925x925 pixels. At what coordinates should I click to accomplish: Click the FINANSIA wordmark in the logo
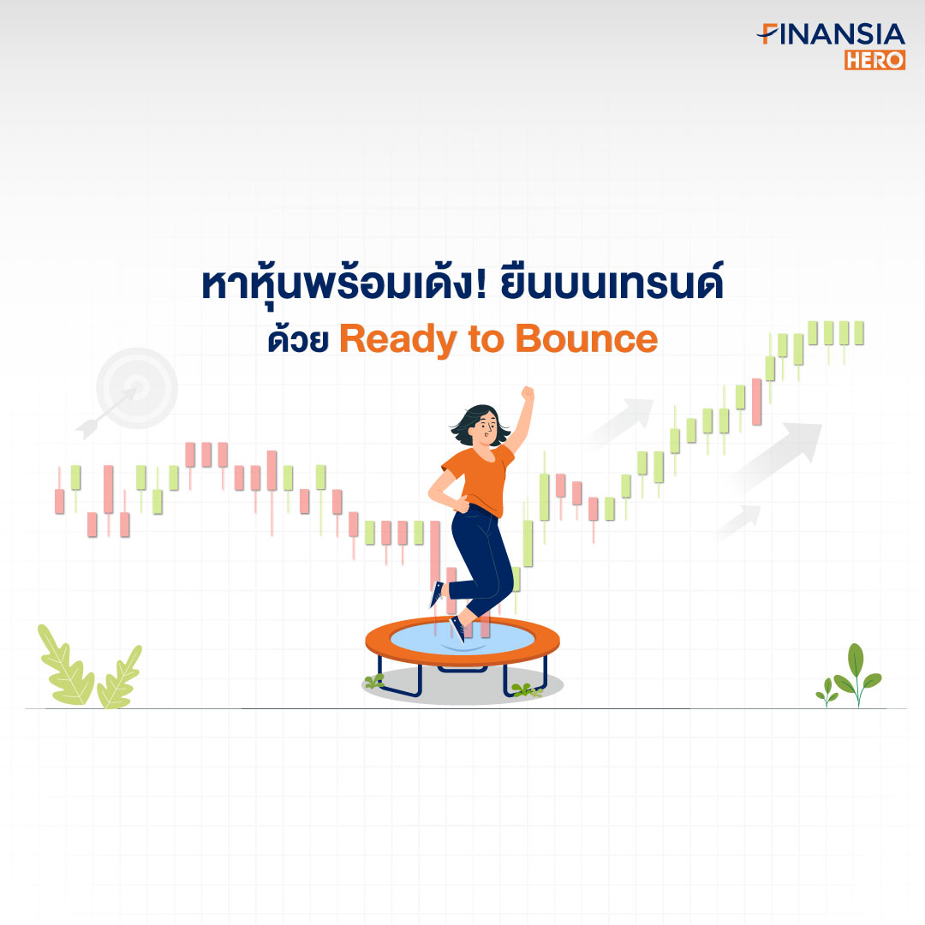(831, 34)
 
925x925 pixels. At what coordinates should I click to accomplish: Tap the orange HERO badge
(874, 60)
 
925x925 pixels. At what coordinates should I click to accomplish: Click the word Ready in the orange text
(397, 340)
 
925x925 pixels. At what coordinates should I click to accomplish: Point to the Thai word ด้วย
(298, 338)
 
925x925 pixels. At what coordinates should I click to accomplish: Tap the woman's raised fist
(528, 393)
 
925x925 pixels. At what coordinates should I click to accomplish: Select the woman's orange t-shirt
(481, 479)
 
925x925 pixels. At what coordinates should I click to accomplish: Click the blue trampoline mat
(462, 640)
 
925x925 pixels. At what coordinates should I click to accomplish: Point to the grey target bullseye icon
(137, 388)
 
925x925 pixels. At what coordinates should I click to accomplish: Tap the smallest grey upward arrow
(740, 522)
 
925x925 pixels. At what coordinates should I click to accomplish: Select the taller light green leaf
(65, 666)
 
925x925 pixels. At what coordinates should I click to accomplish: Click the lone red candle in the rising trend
(757, 402)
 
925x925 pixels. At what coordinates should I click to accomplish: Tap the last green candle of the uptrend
(859, 332)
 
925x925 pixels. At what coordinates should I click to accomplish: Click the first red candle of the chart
(59, 501)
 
